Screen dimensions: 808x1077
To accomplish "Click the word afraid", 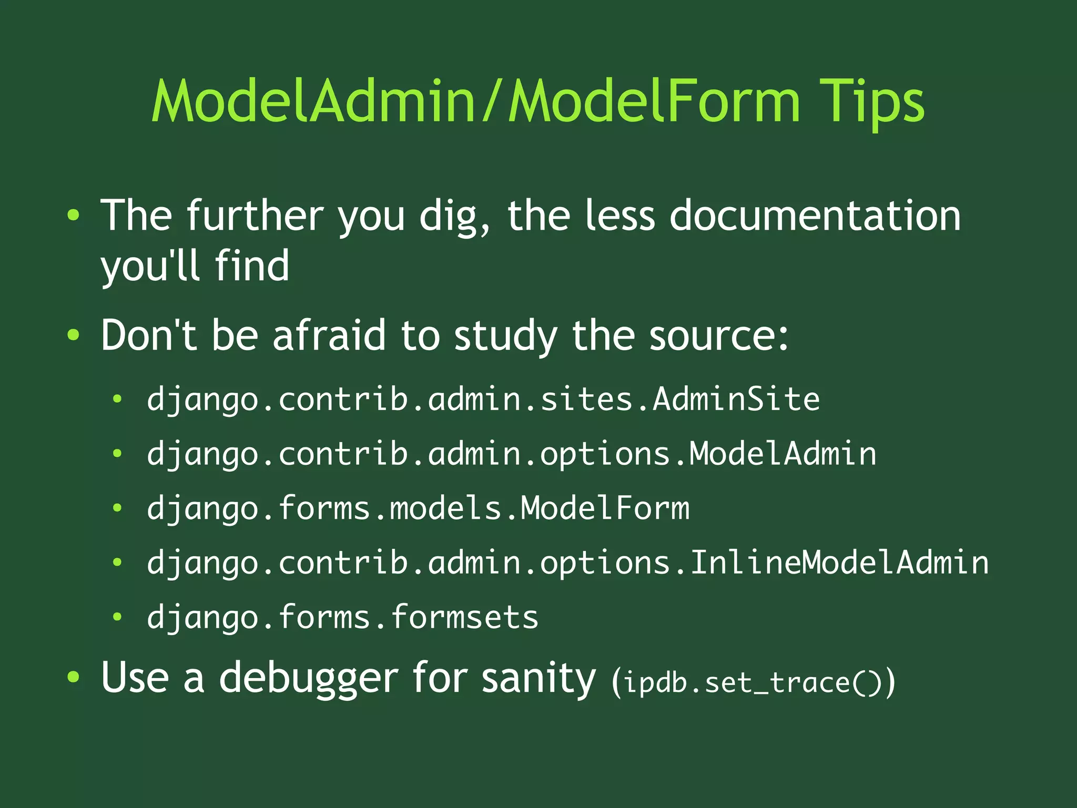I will click(329, 335).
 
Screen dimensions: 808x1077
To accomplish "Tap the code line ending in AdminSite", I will click(483, 400).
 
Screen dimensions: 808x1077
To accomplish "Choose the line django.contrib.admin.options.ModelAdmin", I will click(511, 454).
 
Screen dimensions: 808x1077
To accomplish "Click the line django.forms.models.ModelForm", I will click(418, 508).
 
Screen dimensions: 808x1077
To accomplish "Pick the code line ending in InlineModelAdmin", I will click(567, 563).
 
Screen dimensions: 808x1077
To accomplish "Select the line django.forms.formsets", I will click(342, 617).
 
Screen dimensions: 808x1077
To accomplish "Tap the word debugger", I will click(309, 679).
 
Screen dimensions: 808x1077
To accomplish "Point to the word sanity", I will click(538, 679).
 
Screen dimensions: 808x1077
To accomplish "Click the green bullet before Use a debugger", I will click(74, 678).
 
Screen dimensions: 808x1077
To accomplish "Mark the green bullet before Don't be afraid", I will click(74, 335).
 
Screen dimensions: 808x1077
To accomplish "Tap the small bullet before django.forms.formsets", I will click(117, 617).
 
